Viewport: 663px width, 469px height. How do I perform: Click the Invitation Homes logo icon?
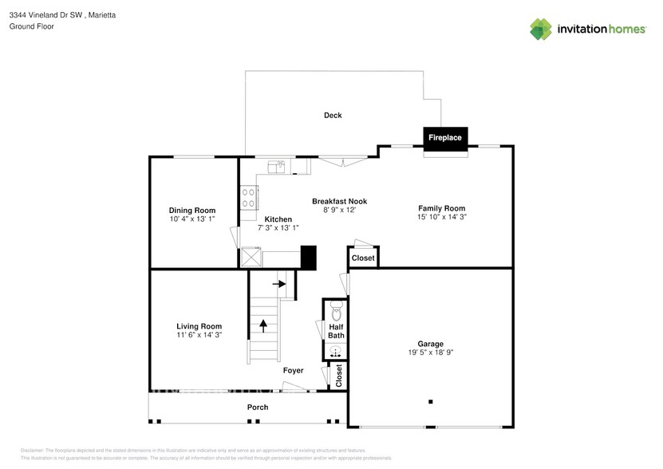pyautogui.click(x=541, y=30)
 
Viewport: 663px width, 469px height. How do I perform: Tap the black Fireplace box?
pyautogui.click(x=445, y=138)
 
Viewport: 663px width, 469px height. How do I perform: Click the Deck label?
pyautogui.click(x=333, y=116)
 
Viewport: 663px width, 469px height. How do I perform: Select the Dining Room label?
pyautogui.click(x=191, y=211)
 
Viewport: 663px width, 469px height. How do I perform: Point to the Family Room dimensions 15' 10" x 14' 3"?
pyautogui.click(x=441, y=217)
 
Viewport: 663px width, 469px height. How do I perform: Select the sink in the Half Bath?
pyautogui.click(x=336, y=350)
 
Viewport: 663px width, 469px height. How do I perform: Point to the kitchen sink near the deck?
pyautogui.click(x=277, y=166)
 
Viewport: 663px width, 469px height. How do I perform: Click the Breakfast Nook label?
pyautogui.click(x=339, y=202)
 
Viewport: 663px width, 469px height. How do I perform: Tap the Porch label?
pyautogui.click(x=257, y=408)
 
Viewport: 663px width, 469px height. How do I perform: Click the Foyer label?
pyautogui.click(x=293, y=371)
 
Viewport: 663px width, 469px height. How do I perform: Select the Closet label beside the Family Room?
pyautogui.click(x=363, y=258)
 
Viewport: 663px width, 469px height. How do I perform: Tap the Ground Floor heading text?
pyautogui.click(x=30, y=26)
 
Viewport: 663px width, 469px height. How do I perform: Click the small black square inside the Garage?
pyautogui.click(x=430, y=402)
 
